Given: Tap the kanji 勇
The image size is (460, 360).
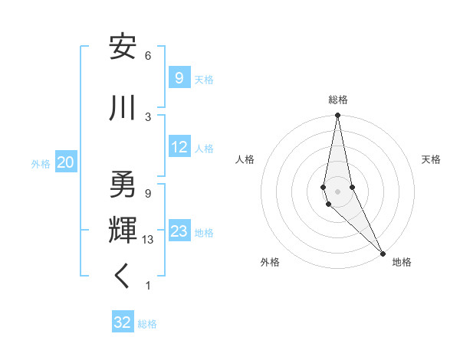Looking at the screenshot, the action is click(x=123, y=185).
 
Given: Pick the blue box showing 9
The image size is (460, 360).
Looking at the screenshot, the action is click(x=179, y=78).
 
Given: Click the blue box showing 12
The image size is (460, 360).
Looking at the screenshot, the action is click(x=179, y=148).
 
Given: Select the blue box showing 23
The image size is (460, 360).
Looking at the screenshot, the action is click(x=179, y=232).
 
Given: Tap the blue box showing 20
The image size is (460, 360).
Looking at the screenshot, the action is click(x=66, y=162).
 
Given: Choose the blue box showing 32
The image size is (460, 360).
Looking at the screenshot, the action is click(x=123, y=322).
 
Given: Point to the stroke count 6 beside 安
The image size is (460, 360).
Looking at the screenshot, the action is click(x=148, y=56).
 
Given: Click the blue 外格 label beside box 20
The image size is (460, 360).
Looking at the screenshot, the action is click(x=41, y=163).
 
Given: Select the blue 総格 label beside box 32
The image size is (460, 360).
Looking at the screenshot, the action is click(x=147, y=324).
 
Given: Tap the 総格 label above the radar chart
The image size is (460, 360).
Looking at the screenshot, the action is click(x=338, y=100).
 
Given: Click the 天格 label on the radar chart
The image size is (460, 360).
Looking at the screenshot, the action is click(x=431, y=159).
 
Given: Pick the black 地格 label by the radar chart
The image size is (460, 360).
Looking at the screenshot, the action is click(x=402, y=262).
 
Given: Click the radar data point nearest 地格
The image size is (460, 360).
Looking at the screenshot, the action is click(x=383, y=252).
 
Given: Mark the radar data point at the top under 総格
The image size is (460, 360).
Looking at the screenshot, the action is click(x=337, y=116).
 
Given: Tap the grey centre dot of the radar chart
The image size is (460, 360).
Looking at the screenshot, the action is click(x=337, y=191).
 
